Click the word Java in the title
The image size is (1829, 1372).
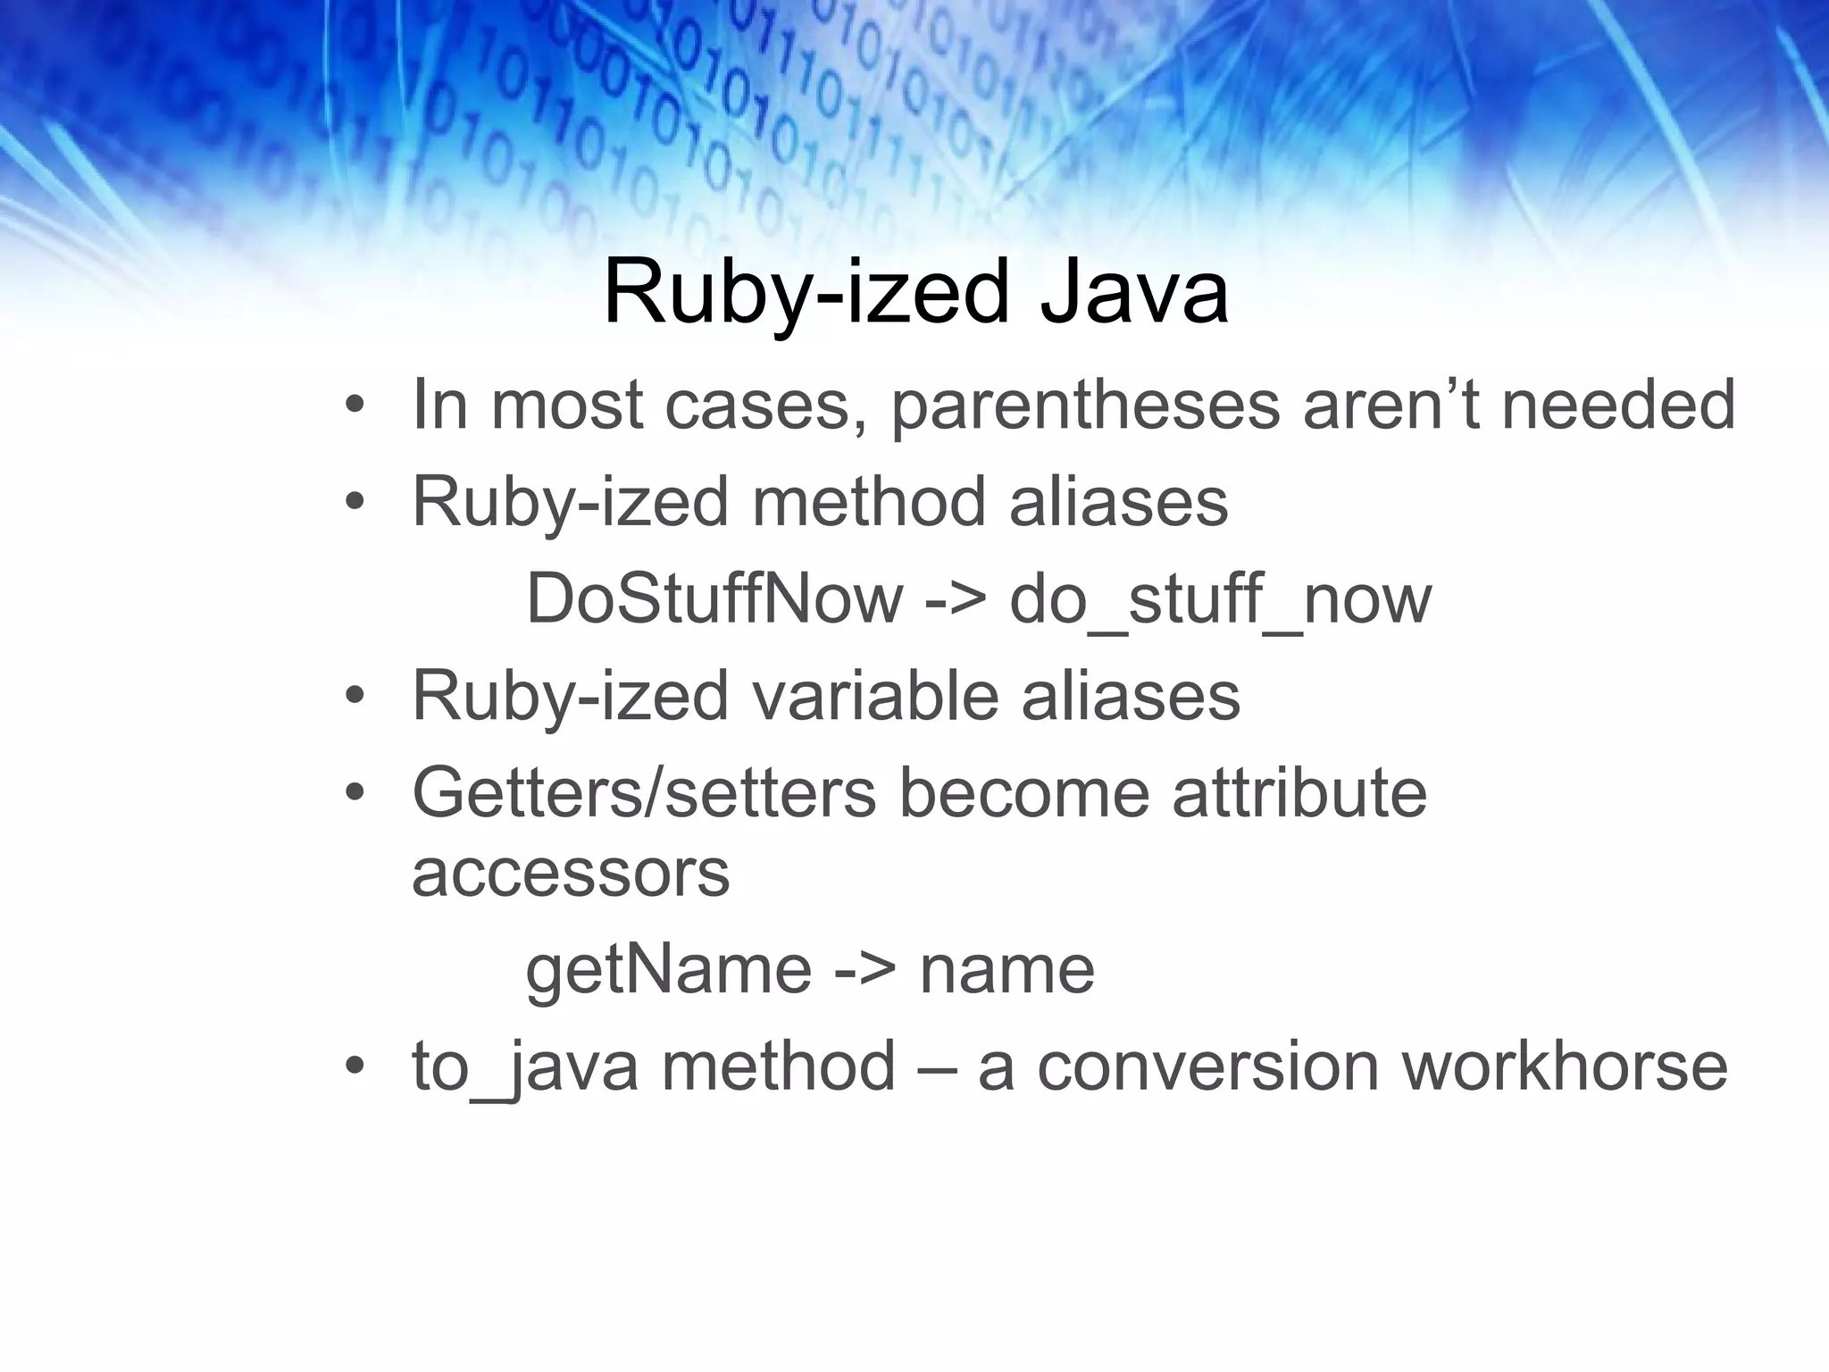(1134, 293)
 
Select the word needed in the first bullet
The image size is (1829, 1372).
(1618, 406)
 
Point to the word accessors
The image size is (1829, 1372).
(571, 873)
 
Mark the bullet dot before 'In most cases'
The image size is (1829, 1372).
(355, 407)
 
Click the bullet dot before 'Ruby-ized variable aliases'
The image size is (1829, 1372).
(355, 698)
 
